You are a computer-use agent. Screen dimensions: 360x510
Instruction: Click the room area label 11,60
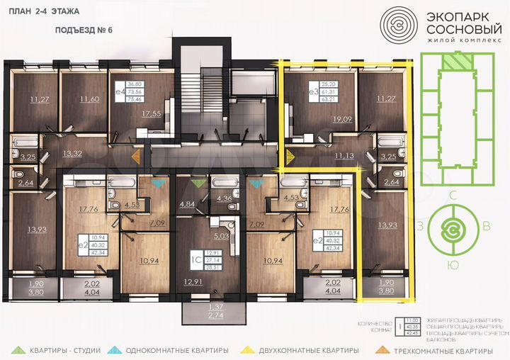[89, 99]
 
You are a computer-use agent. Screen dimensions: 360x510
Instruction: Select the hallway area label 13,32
[73, 153]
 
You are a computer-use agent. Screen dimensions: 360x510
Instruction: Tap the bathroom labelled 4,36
[224, 199]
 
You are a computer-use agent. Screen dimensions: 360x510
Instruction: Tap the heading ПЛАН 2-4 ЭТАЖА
[43, 12]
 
